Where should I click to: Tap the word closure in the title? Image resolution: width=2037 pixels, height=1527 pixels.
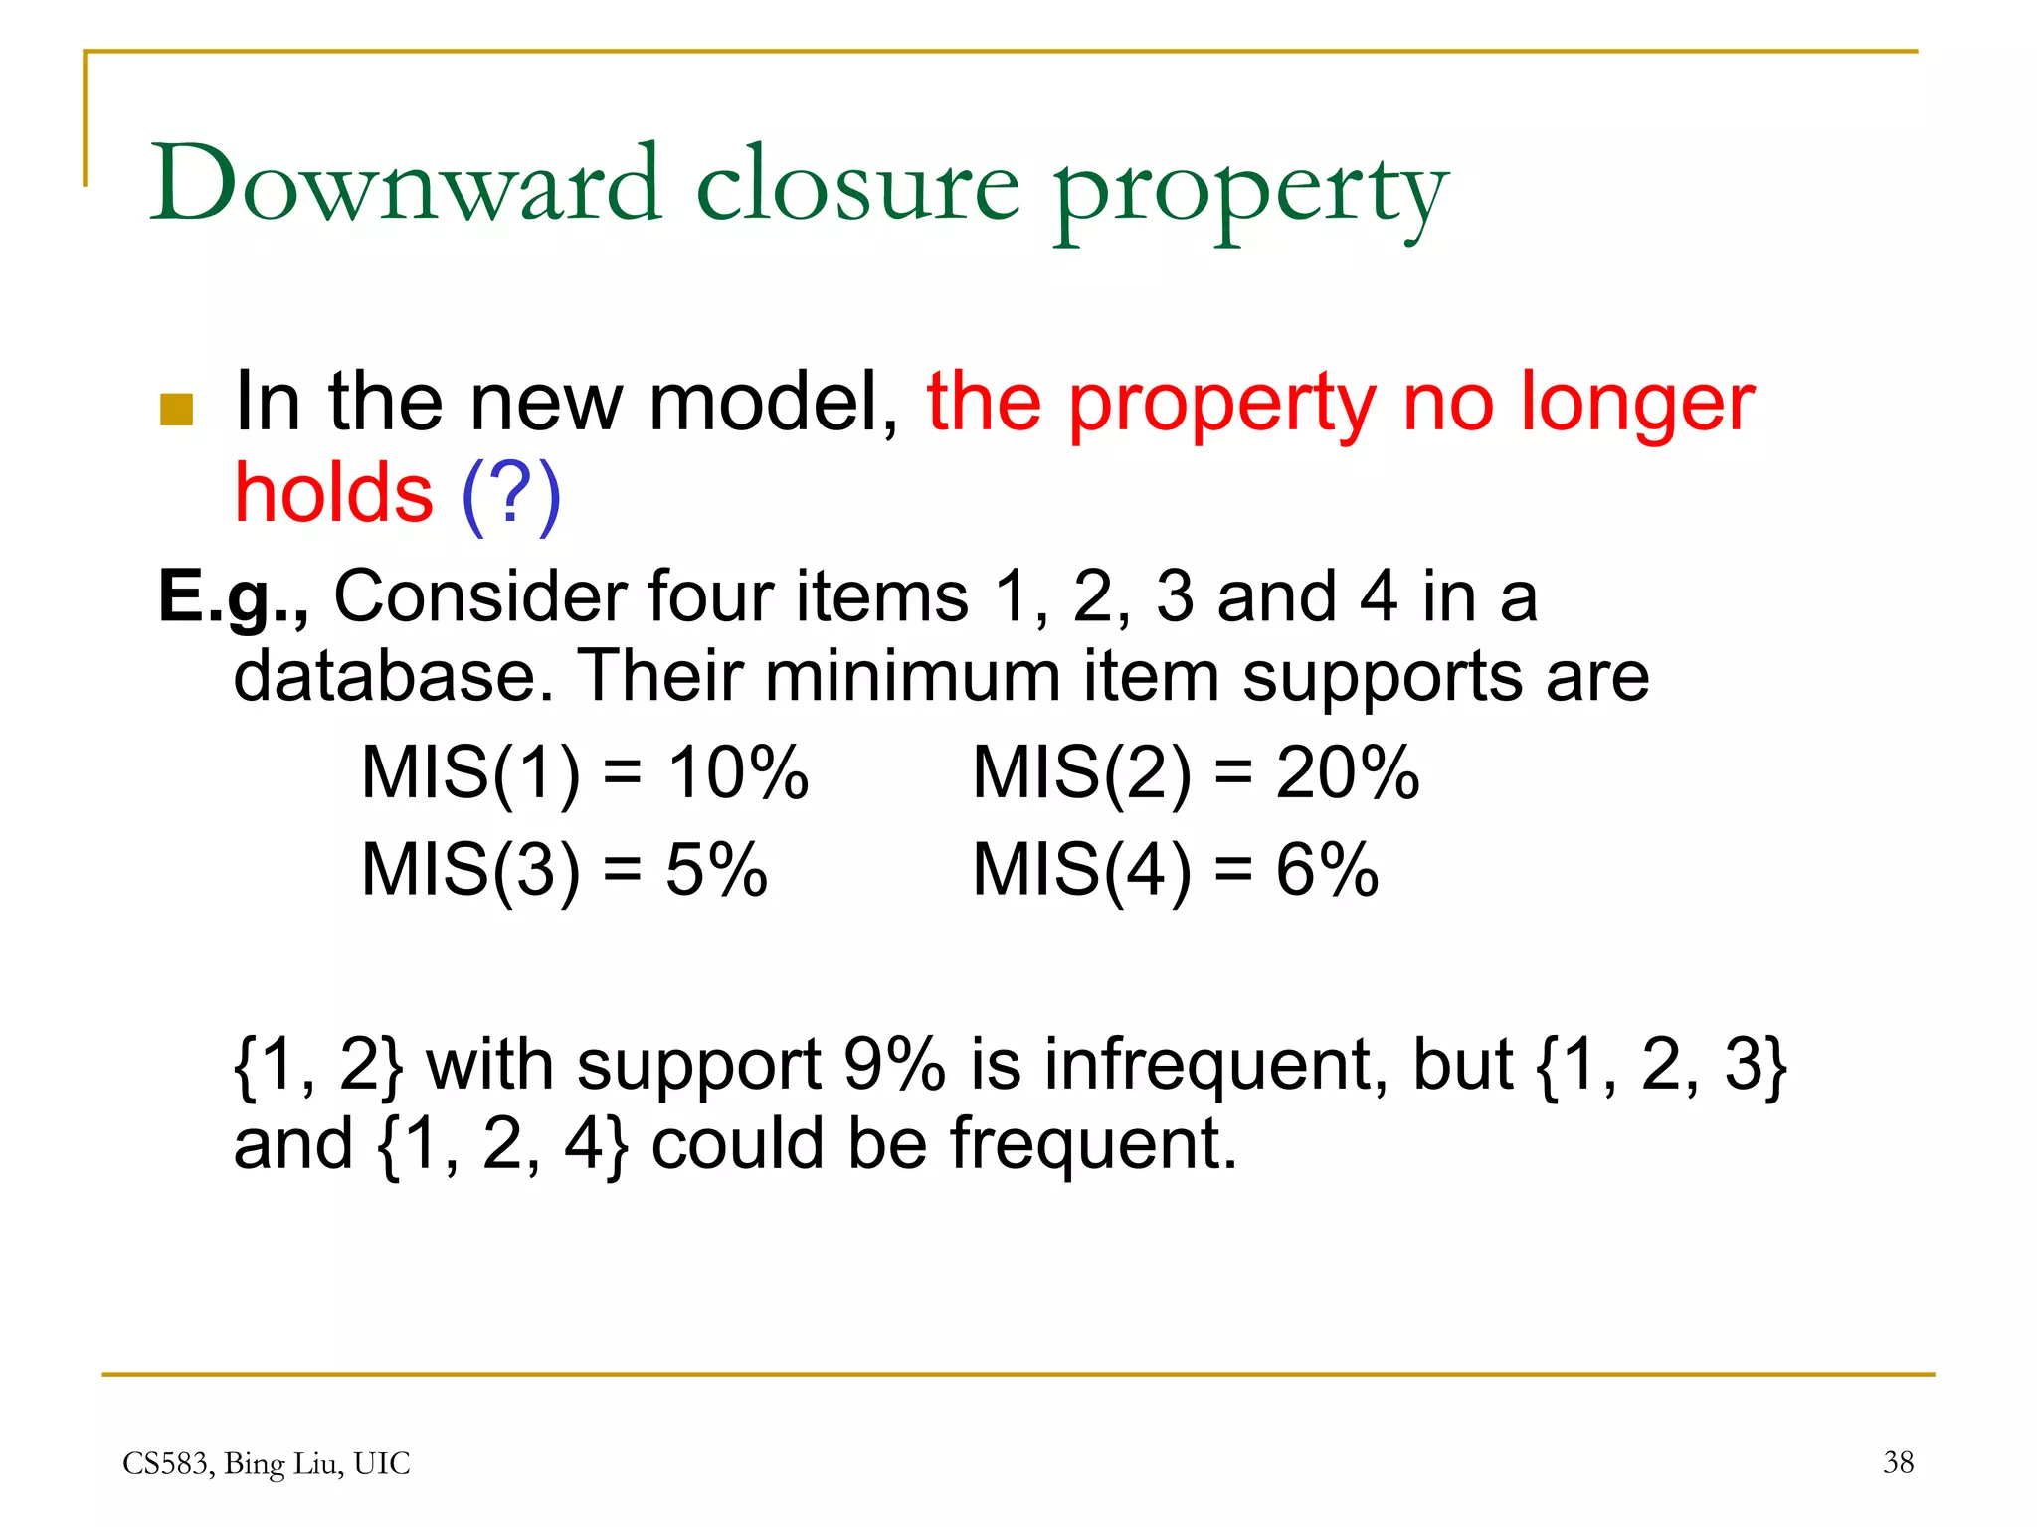857,186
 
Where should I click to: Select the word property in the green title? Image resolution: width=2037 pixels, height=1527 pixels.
1250,191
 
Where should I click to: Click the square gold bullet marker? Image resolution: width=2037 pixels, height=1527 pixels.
176,410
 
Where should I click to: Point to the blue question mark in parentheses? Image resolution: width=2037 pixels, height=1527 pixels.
511,493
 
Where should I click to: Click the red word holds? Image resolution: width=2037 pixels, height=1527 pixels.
333,493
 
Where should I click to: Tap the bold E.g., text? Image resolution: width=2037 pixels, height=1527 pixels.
234,596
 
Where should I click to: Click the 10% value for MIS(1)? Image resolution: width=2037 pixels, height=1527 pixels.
737,772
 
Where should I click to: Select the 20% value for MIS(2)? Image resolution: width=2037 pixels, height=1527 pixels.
1347,772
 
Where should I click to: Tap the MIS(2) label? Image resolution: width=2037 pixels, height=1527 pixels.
1081,772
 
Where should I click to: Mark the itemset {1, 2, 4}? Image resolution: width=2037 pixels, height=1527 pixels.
502,1144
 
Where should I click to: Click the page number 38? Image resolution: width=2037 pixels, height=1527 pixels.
1898,1462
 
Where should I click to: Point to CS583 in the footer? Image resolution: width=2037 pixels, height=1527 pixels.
165,1463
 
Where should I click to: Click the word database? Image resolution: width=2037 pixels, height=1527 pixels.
393,677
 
